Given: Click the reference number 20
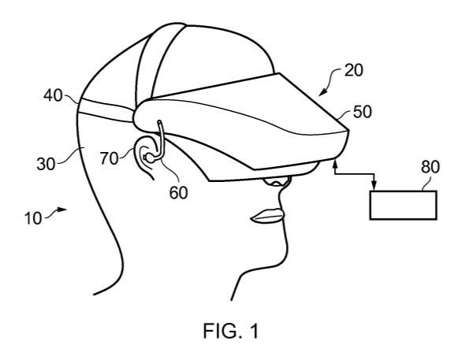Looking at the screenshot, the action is (354, 70).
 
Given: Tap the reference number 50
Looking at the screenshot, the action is (362, 112).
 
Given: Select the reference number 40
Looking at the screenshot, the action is (53, 96).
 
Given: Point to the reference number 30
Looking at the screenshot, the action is (46, 165).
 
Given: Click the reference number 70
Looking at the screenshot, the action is (110, 158).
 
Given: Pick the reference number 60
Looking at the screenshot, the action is (179, 193).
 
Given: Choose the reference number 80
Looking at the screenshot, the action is (430, 167).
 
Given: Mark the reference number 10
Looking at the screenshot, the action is (33, 218).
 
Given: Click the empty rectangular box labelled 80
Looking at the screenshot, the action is (403, 206).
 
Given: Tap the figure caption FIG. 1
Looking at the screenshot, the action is (231, 331).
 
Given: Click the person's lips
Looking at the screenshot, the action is (267, 216).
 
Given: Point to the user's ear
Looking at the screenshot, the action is (146, 157).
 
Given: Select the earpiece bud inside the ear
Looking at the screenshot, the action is (149, 158).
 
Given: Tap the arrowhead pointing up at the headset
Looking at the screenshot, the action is (336, 163).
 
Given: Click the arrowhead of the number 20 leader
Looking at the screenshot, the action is (321, 92).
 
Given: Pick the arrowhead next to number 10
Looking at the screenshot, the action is (62, 209).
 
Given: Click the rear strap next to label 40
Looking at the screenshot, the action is (106, 110).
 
